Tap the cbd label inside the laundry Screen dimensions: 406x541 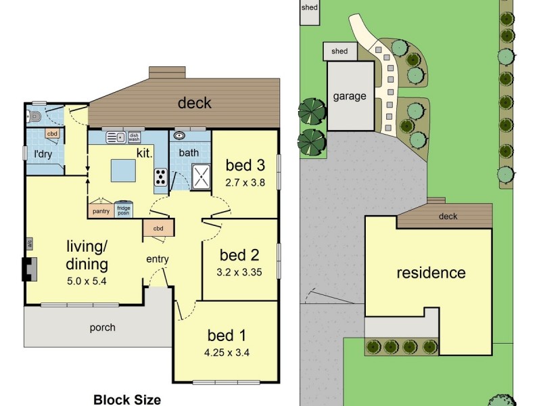pyautogui.click(x=52, y=134)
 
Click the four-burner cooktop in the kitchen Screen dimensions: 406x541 pyautogui.click(x=161, y=177)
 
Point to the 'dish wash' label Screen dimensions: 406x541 pyautogui.click(x=134, y=137)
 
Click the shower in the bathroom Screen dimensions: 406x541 pyautogui.click(x=202, y=177)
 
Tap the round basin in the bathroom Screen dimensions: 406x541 pyautogui.click(x=180, y=135)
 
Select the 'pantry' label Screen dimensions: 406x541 pyautogui.click(x=100, y=211)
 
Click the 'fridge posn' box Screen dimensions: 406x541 pyautogui.click(x=123, y=210)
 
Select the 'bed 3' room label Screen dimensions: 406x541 pyautogui.click(x=245, y=165)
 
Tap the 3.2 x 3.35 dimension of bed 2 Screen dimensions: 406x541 pyautogui.click(x=240, y=273)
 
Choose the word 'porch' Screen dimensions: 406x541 pyautogui.click(x=102, y=328)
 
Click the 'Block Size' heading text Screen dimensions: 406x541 pyautogui.click(x=127, y=399)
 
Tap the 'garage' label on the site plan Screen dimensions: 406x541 pyautogui.click(x=350, y=96)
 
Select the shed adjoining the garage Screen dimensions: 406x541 pyautogui.click(x=340, y=51)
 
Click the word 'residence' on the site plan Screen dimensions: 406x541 pyautogui.click(x=431, y=273)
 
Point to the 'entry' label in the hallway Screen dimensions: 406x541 pyautogui.click(x=158, y=259)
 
